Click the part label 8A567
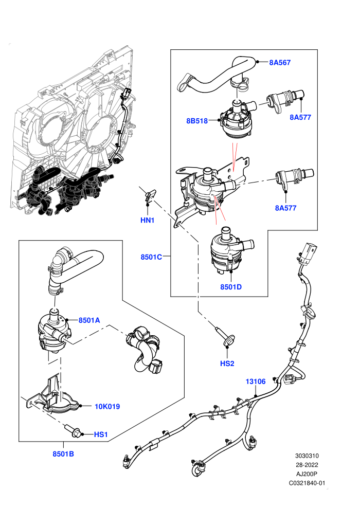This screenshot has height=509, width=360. click(280, 62)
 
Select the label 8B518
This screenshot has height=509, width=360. click(197, 121)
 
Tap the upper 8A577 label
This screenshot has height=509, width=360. click(300, 117)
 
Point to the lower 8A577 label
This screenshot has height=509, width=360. click(285, 208)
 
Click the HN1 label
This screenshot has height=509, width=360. click(148, 220)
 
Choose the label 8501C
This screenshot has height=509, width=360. click(151, 257)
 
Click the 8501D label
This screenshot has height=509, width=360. click(231, 287)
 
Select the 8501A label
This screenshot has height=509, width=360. click(89, 320)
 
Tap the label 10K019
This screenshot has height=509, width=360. click(107, 406)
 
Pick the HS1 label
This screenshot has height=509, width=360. click(101, 434)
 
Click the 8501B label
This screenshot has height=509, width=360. click(63, 454)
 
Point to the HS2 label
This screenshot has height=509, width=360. click(227, 363)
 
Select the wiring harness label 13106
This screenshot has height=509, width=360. click(256, 381)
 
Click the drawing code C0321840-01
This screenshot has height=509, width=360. click(307, 483)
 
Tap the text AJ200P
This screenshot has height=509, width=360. click(307, 474)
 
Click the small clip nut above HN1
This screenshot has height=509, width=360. click(150, 197)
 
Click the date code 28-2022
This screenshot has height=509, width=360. click(307, 465)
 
